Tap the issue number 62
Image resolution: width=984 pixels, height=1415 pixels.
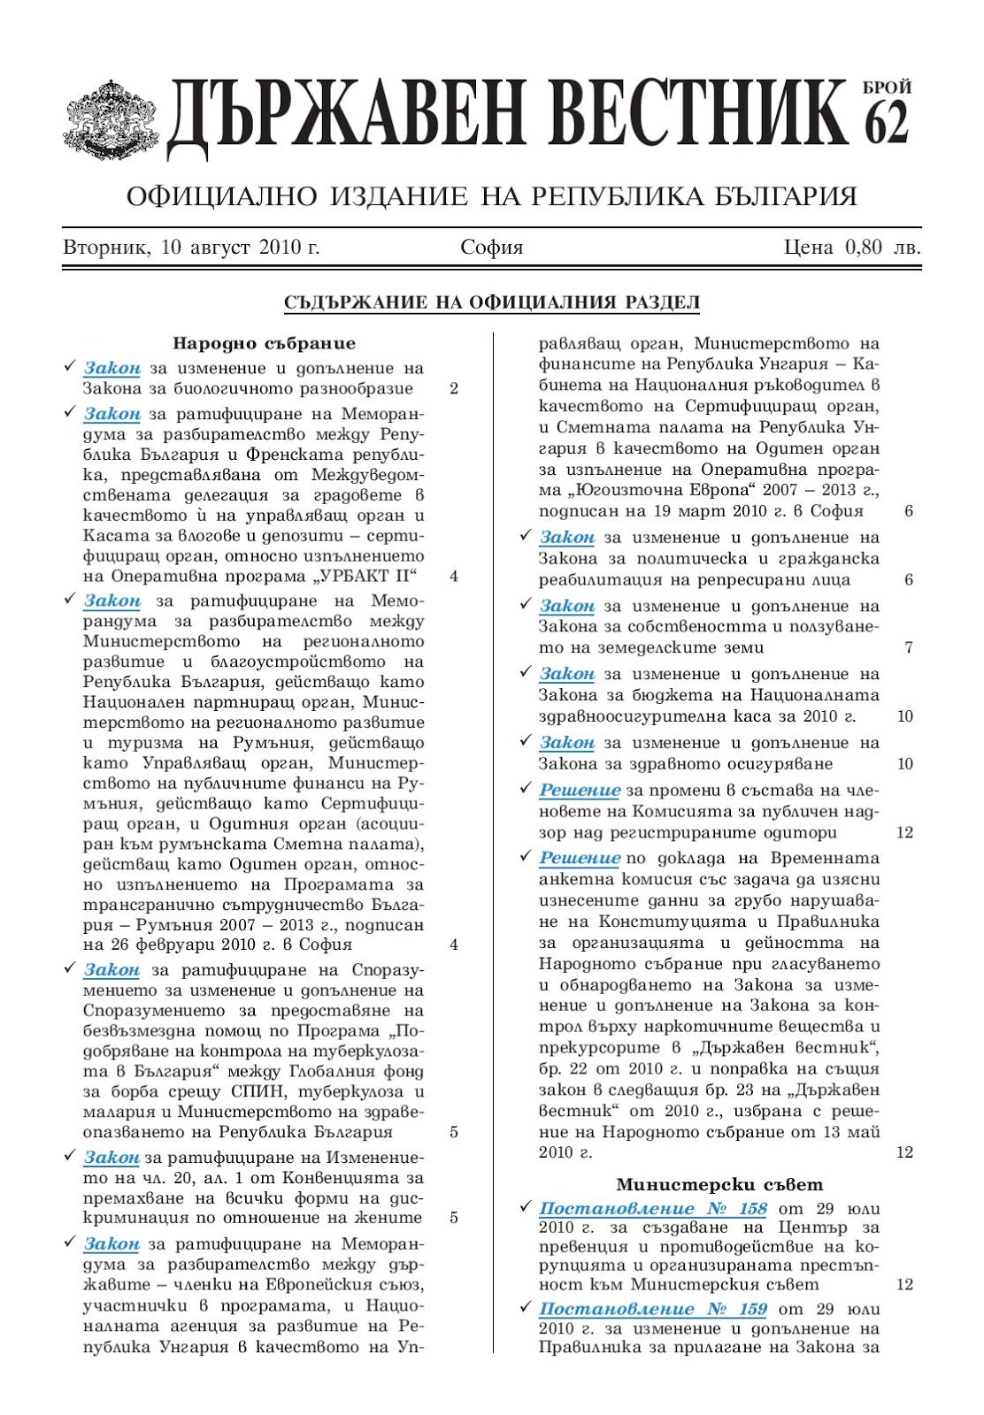tap(886, 122)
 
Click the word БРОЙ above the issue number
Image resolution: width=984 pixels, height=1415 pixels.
tap(887, 88)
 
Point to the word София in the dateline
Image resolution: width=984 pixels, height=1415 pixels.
tap(491, 248)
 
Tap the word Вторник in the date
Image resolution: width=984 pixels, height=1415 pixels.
tap(104, 248)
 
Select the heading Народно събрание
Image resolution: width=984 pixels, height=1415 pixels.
tap(264, 343)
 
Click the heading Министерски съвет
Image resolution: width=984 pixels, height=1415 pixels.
tap(719, 1184)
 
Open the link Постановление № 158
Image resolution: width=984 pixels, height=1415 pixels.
tap(653, 1208)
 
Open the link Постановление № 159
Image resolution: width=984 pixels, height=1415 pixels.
tap(653, 1308)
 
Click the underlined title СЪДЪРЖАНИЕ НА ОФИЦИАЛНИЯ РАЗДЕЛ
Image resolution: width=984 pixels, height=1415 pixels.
tap(491, 302)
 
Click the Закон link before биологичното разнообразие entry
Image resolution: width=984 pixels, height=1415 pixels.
tap(112, 368)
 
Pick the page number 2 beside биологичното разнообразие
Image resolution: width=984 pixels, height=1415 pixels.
tap(454, 388)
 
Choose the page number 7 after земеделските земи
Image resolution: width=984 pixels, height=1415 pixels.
tap(909, 647)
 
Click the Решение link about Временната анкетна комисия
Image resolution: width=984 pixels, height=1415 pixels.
tap(580, 858)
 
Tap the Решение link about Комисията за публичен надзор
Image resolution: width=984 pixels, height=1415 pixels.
tap(580, 790)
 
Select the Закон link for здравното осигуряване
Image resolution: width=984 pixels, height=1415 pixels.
tap(567, 742)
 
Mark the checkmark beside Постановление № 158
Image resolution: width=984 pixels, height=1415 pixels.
tap(525, 1207)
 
